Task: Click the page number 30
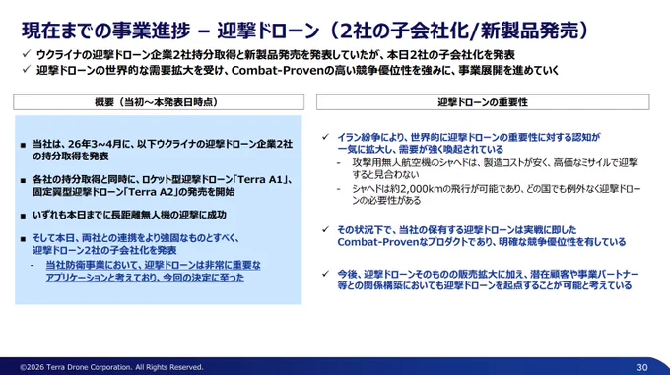click(x=641, y=367)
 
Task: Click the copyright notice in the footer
click(x=111, y=367)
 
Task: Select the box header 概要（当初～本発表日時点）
click(x=159, y=102)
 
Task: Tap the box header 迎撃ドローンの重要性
click(x=483, y=102)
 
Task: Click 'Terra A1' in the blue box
click(x=260, y=179)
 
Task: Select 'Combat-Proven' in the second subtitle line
click(x=277, y=71)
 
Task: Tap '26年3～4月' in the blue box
click(x=98, y=145)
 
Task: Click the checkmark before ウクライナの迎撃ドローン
click(x=27, y=54)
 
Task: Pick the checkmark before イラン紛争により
click(x=325, y=137)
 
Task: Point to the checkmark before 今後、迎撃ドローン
click(x=325, y=273)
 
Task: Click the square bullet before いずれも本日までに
click(x=23, y=216)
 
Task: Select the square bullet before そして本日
click(x=23, y=239)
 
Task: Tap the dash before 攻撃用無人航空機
click(x=339, y=163)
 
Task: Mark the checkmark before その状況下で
click(x=325, y=229)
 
